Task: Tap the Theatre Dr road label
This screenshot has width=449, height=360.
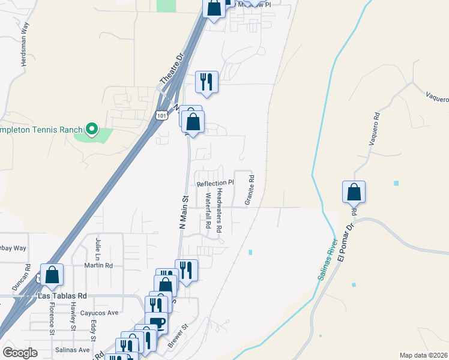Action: tap(171, 71)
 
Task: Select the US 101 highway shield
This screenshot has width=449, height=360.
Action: tap(161, 114)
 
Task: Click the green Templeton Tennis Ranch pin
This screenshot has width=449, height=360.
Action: tap(91, 128)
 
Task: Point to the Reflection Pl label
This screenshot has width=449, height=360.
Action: tap(215, 183)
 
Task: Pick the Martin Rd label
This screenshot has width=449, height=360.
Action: tap(98, 265)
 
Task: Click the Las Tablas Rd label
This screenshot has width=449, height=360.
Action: tap(62, 296)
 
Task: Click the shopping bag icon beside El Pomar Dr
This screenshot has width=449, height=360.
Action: tap(354, 193)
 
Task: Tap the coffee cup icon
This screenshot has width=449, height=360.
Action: tap(157, 323)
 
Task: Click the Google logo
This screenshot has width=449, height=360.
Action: tap(20, 352)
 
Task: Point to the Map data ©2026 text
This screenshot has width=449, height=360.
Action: tap(423, 355)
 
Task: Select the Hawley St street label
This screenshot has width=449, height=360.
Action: tap(73, 315)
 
